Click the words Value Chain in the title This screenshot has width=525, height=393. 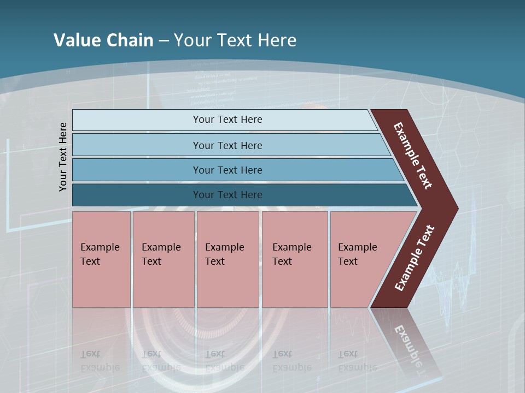tap(103, 40)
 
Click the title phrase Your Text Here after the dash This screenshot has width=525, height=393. tap(235, 40)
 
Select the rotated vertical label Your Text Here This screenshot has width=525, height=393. tap(63, 157)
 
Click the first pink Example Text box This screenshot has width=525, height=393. tap(101, 259)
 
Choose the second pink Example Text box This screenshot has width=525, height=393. tap(163, 259)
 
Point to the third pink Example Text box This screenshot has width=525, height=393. tap(227, 259)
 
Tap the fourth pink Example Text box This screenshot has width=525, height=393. tap(294, 259)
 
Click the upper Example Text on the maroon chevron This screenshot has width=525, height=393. tap(413, 156)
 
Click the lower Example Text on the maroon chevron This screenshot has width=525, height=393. tap(415, 258)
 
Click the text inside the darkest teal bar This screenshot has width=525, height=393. tap(227, 195)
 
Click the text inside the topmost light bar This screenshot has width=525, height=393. tap(227, 120)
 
